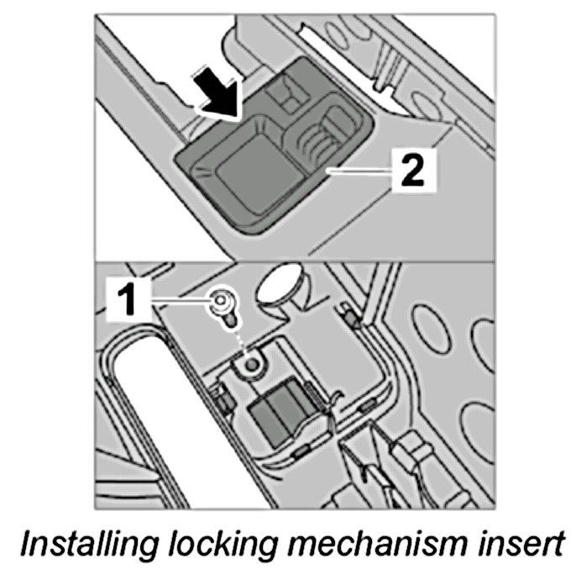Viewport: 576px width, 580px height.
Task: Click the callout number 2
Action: pyautogui.click(x=411, y=173)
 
